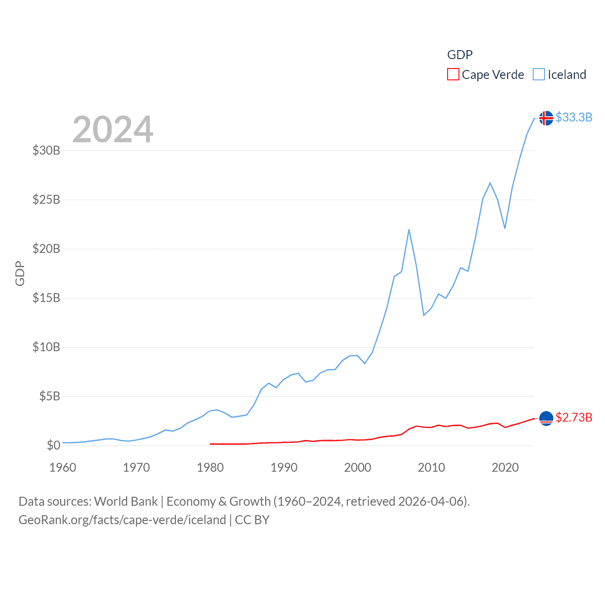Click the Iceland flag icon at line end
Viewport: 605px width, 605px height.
tap(546, 118)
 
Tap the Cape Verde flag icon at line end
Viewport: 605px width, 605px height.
tap(546, 418)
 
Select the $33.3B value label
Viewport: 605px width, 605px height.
tap(574, 117)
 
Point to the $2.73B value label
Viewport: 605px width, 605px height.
tap(574, 417)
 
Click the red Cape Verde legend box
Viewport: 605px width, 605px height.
tap(453, 75)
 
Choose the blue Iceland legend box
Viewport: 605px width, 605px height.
tap(539, 75)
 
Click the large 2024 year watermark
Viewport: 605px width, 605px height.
tap(113, 129)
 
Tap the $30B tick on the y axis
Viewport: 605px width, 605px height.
tap(46, 150)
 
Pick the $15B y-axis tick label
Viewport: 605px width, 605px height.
tap(46, 298)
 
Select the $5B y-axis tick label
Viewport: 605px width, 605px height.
tap(50, 396)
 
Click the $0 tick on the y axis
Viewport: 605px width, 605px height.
tap(53, 445)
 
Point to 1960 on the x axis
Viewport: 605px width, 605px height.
tap(63, 467)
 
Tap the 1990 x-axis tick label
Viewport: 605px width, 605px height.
tap(284, 467)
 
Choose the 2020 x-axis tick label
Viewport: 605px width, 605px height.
tap(505, 467)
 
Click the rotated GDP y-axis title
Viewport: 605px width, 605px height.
tap(20, 273)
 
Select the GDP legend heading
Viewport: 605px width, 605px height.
tap(460, 55)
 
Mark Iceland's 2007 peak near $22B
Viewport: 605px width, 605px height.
tap(409, 230)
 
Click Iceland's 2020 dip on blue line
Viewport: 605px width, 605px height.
tap(505, 228)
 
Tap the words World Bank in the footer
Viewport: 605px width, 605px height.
tap(126, 501)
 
